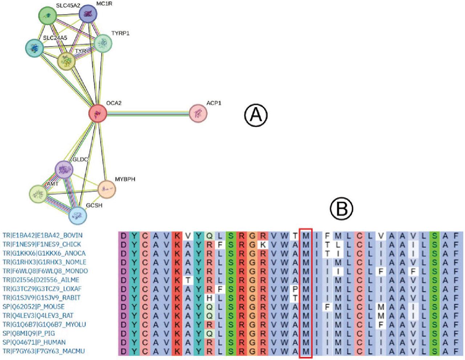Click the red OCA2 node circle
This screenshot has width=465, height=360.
(97, 113)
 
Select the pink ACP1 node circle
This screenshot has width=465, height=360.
(198, 113)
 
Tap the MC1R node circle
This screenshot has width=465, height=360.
(88, 14)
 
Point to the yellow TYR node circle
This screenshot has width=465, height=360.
(66, 61)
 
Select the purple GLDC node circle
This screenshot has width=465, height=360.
(64, 169)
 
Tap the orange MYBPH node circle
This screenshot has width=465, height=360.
(107, 189)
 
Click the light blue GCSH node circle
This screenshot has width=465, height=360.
(78, 215)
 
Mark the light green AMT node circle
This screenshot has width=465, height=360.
(38, 194)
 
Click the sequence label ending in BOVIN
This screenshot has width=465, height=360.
(43, 235)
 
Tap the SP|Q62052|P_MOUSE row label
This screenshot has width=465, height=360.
(34, 307)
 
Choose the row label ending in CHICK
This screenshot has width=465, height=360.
(42, 244)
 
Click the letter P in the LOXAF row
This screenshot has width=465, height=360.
(295, 289)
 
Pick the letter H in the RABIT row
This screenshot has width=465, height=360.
(210, 298)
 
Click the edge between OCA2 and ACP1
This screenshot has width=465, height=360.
(147, 113)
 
